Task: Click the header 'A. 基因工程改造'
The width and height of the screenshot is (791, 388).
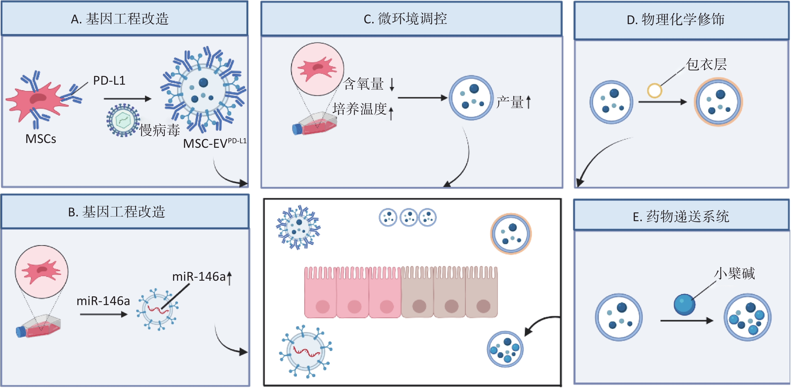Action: point(120,19)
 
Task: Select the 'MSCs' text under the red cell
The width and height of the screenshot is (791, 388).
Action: point(40,139)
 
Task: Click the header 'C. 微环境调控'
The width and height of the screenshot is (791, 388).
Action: point(405,19)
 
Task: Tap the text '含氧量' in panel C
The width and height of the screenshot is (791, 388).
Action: point(364,84)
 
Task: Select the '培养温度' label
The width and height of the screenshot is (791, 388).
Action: point(359,109)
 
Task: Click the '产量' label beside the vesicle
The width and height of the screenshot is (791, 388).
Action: point(510,102)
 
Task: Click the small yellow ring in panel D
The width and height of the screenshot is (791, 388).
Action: point(654,91)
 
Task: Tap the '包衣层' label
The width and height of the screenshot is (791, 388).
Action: point(706,65)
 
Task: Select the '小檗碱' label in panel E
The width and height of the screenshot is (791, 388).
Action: point(734,273)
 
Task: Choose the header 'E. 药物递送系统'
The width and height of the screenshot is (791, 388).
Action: point(681,217)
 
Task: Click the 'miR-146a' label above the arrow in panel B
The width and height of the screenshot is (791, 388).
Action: point(103,301)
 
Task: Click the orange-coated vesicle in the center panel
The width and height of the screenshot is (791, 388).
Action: point(511,234)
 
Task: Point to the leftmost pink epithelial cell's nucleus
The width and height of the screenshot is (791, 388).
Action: point(322,306)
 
